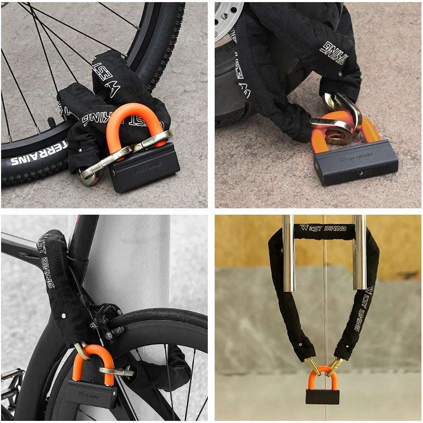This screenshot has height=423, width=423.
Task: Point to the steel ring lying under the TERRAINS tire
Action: [87, 177]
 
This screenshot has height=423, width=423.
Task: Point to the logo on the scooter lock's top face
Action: [355, 155]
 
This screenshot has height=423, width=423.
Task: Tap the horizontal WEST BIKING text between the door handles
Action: [324, 228]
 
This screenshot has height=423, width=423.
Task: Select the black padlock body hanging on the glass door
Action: [322, 397]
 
